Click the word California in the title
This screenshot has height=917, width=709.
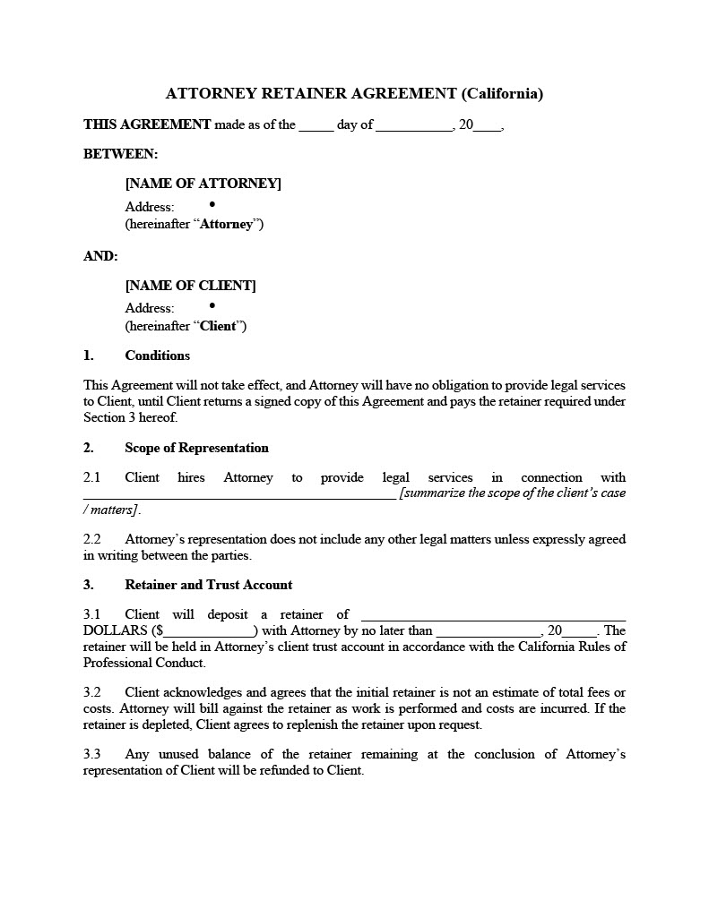click(502, 93)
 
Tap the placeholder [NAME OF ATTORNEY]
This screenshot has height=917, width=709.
click(203, 184)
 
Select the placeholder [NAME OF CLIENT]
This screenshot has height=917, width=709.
click(190, 286)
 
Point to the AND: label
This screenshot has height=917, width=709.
click(100, 256)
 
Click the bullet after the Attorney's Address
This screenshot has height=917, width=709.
click(212, 204)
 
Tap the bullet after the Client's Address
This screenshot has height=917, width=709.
click(212, 305)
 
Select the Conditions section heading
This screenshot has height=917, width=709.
click(157, 356)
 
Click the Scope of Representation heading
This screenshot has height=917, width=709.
click(196, 448)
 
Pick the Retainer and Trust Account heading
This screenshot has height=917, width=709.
click(208, 585)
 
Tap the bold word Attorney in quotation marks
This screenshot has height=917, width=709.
click(226, 224)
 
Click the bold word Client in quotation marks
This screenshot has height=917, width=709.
click(217, 326)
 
